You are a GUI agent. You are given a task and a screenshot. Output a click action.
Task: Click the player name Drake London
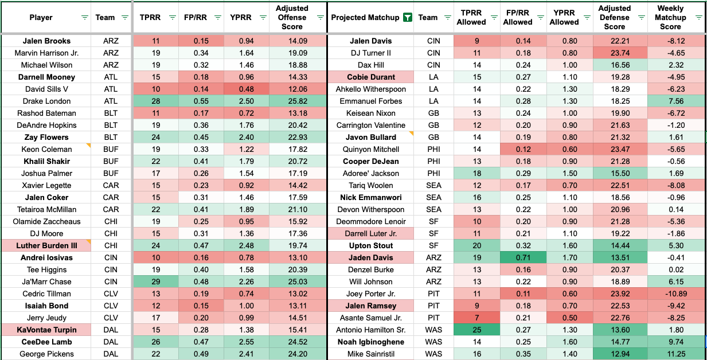click(x=46, y=101)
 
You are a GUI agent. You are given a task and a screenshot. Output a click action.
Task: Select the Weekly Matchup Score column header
click(x=670, y=17)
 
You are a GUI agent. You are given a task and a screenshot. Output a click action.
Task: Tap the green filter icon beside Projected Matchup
click(x=407, y=17)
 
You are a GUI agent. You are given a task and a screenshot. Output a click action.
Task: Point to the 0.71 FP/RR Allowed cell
click(x=518, y=257)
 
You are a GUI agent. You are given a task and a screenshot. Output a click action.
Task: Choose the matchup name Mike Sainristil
click(x=370, y=354)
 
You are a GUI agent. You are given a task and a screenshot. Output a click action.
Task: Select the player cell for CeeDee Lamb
click(x=46, y=342)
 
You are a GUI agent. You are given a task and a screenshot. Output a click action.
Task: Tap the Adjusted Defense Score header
click(x=614, y=17)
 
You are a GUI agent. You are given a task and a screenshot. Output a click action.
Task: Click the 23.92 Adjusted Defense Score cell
click(x=614, y=294)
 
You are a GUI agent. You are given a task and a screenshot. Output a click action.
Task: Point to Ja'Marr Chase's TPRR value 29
click(x=155, y=281)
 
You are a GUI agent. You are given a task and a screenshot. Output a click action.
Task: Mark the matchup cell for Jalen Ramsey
click(x=370, y=306)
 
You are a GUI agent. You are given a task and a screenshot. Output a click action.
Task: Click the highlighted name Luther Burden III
click(x=46, y=245)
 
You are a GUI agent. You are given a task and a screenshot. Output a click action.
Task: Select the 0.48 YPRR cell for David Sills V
click(x=245, y=89)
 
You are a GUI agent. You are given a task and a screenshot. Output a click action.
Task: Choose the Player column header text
click(x=41, y=17)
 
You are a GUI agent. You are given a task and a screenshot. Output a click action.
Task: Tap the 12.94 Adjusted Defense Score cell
click(x=614, y=354)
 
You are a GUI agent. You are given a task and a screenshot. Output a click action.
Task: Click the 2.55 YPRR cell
click(x=245, y=342)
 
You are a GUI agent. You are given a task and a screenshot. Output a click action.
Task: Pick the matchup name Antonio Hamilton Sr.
click(x=370, y=330)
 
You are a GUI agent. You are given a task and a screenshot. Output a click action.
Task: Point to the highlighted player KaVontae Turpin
click(x=46, y=330)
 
